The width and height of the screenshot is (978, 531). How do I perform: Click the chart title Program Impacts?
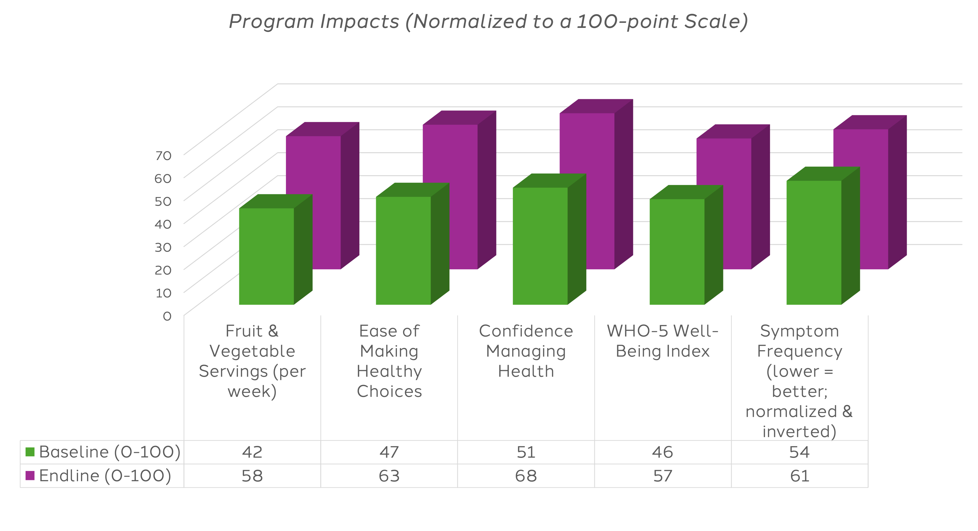coord(488,22)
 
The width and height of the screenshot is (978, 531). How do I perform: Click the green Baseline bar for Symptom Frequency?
coord(813,243)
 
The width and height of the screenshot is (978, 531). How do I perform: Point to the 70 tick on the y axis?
coord(163,156)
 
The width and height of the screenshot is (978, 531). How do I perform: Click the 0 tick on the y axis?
coord(167,316)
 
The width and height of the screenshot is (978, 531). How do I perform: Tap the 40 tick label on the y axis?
coord(163,224)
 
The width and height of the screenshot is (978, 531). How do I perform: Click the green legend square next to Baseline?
coord(30,452)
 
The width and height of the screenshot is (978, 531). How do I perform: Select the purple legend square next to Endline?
coord(30,476)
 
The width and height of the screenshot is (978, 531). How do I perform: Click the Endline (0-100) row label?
coord(105,476)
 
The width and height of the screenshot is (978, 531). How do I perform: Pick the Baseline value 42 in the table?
coord(252,452)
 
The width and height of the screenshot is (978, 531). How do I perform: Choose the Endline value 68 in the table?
coord(526,476)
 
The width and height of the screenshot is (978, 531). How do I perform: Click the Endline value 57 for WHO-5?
coord(663,476)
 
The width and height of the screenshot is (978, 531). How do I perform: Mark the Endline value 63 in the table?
coord(389,476)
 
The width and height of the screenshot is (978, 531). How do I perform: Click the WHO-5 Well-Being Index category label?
coord(663,341)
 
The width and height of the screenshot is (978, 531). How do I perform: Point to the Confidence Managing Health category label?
coord(526,351)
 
